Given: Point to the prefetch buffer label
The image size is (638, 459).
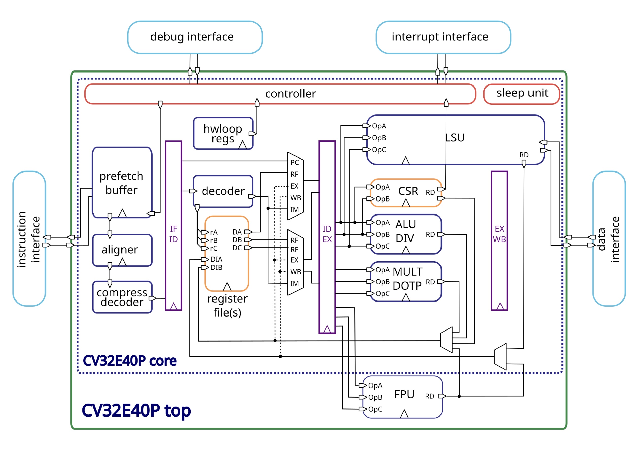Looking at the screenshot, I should tap(121, 183).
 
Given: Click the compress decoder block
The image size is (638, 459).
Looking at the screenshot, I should tap(122, 297).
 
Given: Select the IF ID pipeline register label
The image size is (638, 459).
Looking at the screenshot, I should tap(174, 234).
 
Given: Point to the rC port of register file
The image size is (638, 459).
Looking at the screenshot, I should tap(214, 249).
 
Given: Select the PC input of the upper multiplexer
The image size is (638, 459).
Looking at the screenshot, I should tap(295, 163).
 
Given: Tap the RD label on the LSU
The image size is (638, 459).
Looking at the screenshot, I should tap(524, 155).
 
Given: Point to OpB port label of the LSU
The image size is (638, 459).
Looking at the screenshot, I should tap(379, 138).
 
